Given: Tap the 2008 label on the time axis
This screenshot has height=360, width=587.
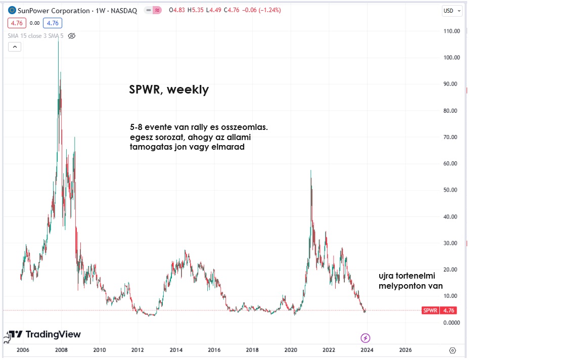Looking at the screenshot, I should pos(61,350).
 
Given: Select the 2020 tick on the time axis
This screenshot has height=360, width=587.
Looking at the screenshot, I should pos(291,350).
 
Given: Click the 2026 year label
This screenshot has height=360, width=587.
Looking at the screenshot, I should pos(405,350).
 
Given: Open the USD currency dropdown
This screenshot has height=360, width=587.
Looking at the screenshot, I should pos(452,11).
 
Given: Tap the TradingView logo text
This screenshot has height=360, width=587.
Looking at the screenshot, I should pos(53,334).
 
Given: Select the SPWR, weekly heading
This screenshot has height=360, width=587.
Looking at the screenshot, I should pos(169,90).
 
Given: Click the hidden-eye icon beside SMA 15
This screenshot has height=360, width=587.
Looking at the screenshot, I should pos(72,36).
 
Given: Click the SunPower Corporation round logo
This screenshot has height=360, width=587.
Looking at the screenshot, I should pos(12,11).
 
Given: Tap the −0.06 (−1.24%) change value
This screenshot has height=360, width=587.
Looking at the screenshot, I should pos(262,11).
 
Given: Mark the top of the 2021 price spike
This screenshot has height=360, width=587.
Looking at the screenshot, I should pos(310,171).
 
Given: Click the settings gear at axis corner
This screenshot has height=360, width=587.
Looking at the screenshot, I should pos(453,350).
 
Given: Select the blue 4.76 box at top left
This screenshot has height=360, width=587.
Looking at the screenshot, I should pos(53,23).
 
